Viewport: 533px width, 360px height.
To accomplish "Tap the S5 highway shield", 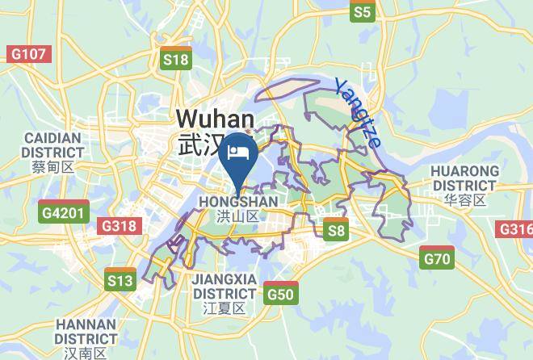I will coord(363,11).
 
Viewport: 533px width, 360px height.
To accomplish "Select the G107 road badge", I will coord(29,54).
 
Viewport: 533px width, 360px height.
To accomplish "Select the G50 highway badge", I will coord(280,293).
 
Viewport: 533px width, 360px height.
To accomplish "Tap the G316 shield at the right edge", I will coord(516,229).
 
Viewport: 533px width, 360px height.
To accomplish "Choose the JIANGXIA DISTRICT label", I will coord(225,286).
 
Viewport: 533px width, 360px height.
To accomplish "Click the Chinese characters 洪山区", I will coord(237,216).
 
